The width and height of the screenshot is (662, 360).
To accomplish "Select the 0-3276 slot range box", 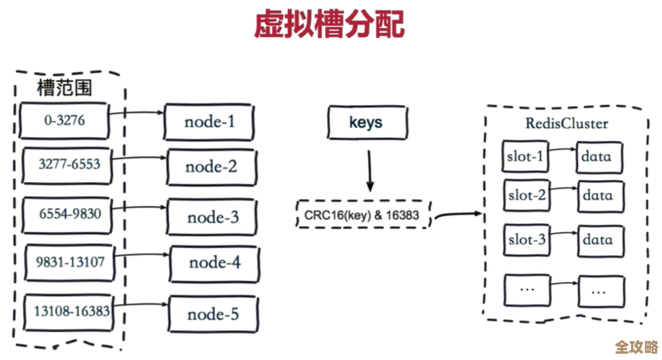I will (x=64, y=121).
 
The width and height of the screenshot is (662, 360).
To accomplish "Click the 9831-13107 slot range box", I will (x=70, y=263).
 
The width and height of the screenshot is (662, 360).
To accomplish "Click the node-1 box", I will (x=209, y=123).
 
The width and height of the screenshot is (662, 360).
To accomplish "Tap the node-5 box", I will (x=214, y=314).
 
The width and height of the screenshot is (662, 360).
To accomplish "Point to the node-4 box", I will (x=214, y=263).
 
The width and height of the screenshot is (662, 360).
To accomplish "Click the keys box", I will (x=366, y=123).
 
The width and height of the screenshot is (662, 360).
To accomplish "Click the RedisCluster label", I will (x=567, y=124).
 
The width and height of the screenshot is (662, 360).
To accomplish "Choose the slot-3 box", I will (x=526, y=240).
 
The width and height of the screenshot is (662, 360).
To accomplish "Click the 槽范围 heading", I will (x=64, y=88).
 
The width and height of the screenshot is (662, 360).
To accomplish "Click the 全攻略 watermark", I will (x=636, y=348).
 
